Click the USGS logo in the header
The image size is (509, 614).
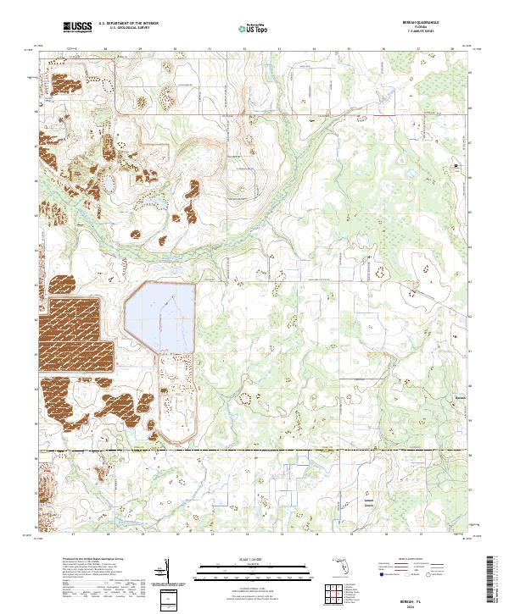coord(78,28)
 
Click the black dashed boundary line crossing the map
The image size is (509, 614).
coord(255,450)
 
